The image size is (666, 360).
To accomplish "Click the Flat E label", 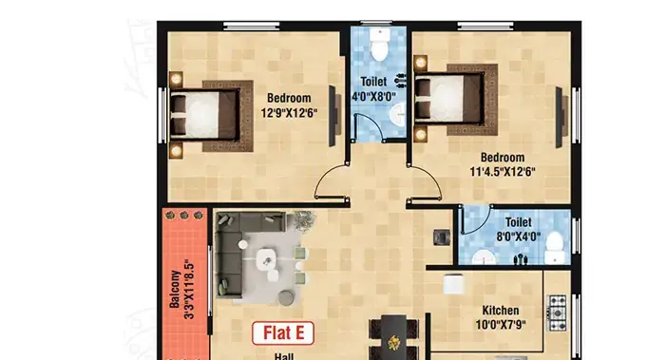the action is tap(283, 333).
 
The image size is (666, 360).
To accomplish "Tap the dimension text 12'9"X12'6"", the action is tap(289, 113).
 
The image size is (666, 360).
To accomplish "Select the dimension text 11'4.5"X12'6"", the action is tap(502, 172).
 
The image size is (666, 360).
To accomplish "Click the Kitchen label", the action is tap(501, 311).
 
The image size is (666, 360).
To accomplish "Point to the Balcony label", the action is tap(175, 289).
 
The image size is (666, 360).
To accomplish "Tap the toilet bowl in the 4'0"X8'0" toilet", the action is tap(379, 44).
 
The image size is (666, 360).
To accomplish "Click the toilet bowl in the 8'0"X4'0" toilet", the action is tap(554, 248).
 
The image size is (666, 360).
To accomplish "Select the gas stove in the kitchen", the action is tap(557, 313).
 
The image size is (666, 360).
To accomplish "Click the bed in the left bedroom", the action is tap(204, 115).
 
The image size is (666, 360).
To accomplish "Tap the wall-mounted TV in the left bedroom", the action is tap(333, 116).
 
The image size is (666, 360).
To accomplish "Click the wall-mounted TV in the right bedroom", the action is tap(561, 117).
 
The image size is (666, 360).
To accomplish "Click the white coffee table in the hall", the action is tap(266, 258).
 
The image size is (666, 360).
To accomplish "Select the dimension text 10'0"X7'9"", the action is tap(501, 325).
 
